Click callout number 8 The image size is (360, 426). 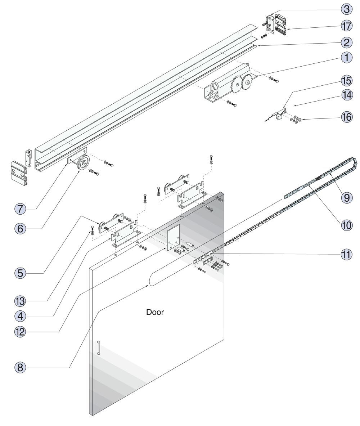22,367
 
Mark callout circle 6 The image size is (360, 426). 22,228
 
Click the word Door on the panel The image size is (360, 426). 155,312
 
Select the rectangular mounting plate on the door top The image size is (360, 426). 174,236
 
